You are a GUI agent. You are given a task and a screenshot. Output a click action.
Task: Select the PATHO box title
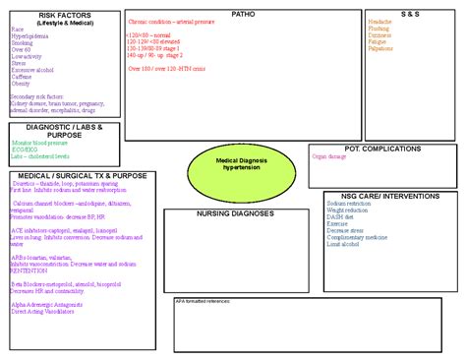click(x=242, y=14)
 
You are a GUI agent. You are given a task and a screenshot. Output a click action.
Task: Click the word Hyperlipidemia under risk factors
click(x=30, y=36)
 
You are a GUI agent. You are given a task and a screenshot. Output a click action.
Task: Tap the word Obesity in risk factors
click(x=21, y=84)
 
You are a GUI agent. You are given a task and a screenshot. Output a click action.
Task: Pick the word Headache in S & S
click(x=380, y=22)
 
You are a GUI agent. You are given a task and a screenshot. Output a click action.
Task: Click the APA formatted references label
click(x=203, y=300)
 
